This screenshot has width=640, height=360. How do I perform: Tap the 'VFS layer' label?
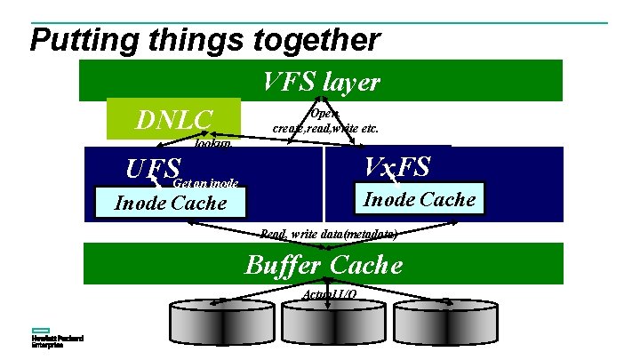[x=322, y=83]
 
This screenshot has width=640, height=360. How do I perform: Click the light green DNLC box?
[x=173, y=118]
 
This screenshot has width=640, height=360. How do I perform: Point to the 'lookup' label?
[x=213, y=142]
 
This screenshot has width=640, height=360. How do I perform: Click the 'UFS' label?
[x=153, y=169]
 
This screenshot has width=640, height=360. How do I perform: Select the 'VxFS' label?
[x=397, y=166]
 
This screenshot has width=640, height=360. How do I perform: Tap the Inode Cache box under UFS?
[x=171, y=203]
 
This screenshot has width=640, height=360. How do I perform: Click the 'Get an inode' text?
[x=205, y=183]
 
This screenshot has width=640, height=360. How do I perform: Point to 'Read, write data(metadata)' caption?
[x=328, y=234]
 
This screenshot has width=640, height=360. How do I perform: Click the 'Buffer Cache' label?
[x=324, y=265]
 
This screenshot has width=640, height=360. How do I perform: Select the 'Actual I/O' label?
[x=330, y=293]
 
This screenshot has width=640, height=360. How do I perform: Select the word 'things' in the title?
[x=188, y=40]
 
